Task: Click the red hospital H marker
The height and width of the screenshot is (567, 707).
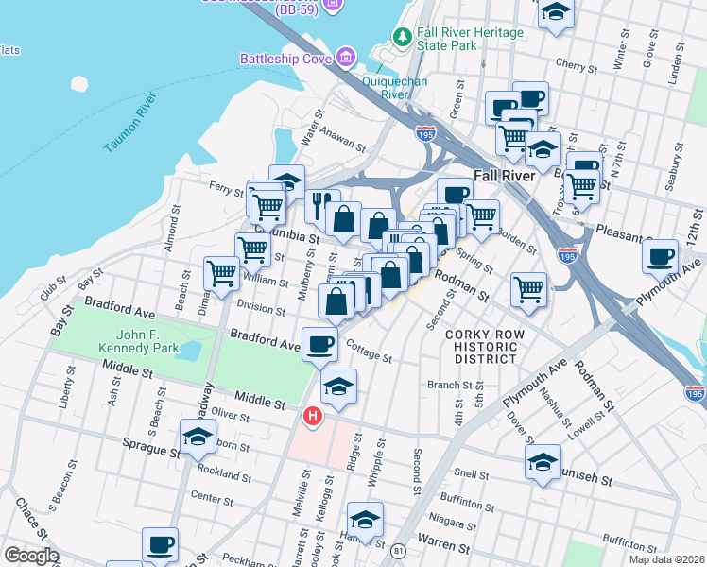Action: point(311,416)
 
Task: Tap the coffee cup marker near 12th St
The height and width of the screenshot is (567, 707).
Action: point(660,254)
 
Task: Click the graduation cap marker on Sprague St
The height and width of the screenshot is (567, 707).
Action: point(197,436)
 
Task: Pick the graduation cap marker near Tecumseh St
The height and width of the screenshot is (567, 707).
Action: point(543,462)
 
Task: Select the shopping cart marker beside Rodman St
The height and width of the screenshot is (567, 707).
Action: point(528,287)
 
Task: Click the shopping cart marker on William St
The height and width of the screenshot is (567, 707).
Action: point(221,273)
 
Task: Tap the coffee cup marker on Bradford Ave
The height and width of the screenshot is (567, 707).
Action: point(319,344)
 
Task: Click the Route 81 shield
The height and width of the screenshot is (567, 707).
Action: point(399,549)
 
